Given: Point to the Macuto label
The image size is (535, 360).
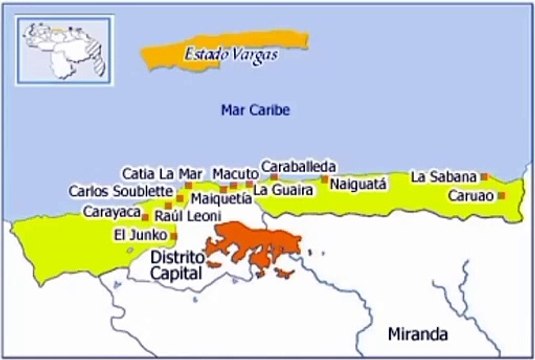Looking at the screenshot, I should coord(235,172).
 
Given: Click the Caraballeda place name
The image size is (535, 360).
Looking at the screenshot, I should coord(298,166).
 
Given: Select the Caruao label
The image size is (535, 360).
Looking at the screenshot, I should coord(469,195).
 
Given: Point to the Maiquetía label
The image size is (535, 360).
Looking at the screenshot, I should coord(218,198).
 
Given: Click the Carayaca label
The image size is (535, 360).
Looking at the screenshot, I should coord(110,213).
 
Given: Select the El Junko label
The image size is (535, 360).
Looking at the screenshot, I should coord(136,236).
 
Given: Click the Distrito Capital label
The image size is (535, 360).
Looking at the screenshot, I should coord(175,264).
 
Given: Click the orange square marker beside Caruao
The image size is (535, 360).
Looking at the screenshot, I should coord(501,195).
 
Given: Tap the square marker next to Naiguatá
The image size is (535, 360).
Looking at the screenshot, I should coord(324,180).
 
